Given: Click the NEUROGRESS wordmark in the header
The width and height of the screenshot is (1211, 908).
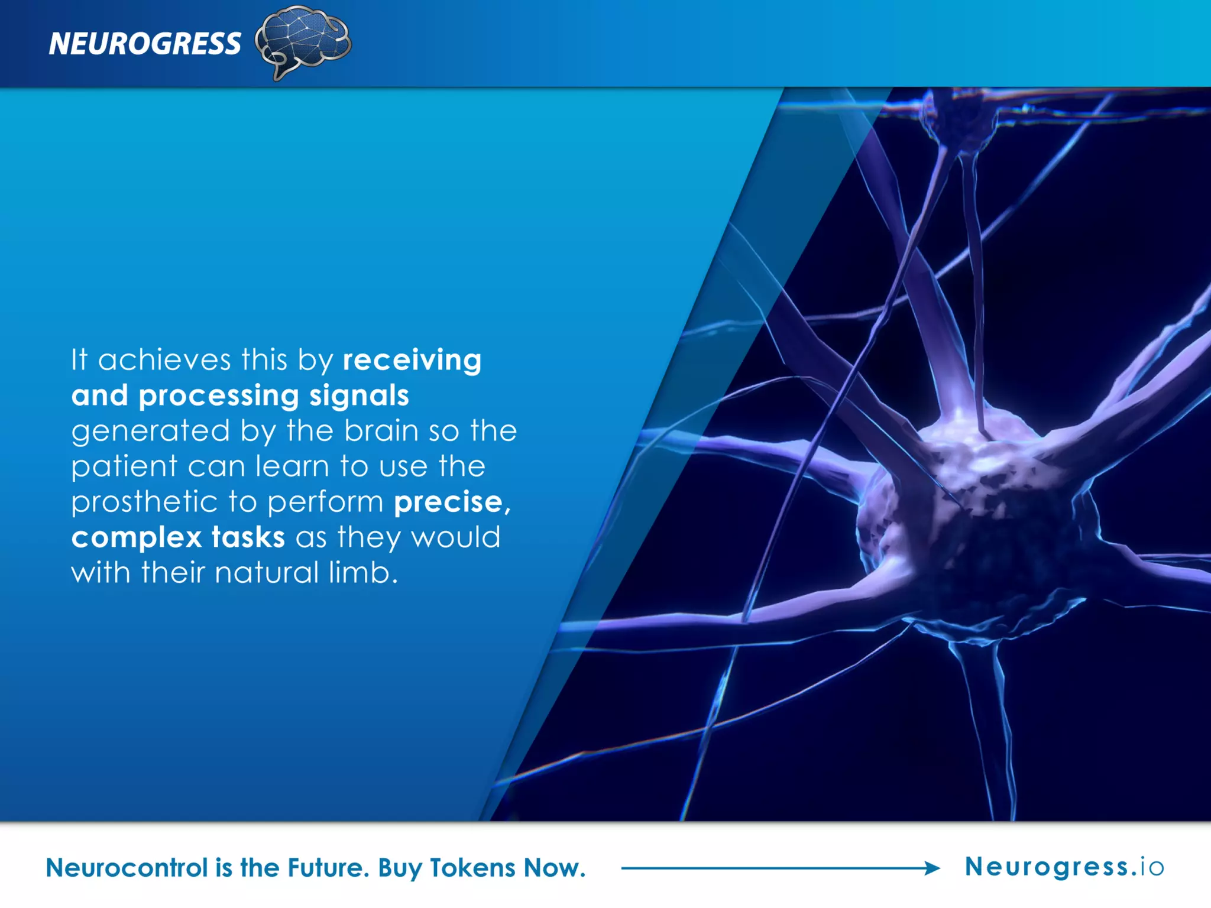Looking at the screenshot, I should tap(145, 44).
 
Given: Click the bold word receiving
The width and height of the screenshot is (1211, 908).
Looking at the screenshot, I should tap(412, 360).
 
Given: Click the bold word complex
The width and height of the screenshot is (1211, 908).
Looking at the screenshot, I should tap(137, 537).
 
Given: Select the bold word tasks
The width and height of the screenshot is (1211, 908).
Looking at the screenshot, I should tap(248, 537).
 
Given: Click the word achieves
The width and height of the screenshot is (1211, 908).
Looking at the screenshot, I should tap(164, 360).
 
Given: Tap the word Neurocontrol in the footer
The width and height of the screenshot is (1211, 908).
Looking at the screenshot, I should tap(127, 868).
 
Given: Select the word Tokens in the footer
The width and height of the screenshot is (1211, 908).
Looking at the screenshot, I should tap(472, 868).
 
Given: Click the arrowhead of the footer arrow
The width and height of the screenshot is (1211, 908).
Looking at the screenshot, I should tap(932, 868).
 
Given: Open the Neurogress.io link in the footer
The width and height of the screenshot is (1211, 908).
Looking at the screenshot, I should tap(1064, 867).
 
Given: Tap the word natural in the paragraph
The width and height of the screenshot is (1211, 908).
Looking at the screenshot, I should tap(267, 572).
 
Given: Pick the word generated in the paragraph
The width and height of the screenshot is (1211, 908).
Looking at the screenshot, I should tap(150, 432).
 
